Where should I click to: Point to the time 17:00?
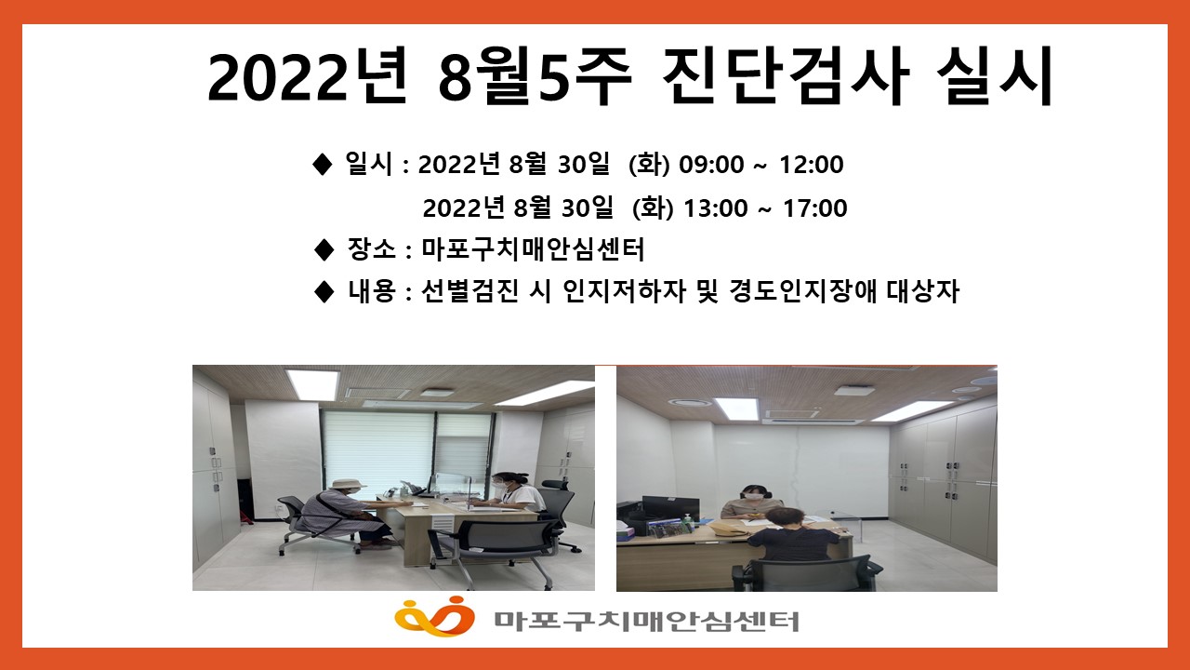tap(815, 208)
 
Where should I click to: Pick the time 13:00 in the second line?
tap(716, 208)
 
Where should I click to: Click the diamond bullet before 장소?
tap(324, 250)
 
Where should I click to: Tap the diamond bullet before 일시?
tap(322, 165)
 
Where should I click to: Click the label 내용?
tap(372, 291)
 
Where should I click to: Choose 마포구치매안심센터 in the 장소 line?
tap(533, 249)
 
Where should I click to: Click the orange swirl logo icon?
tap(434, 616)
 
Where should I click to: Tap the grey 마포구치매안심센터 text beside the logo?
tap(646, 621)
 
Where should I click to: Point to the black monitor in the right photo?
tap(670, 510)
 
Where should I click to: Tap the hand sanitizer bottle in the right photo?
tap(689, 522)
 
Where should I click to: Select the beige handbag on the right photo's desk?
tap(727, 528)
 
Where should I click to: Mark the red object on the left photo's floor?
tap(245, 517)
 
